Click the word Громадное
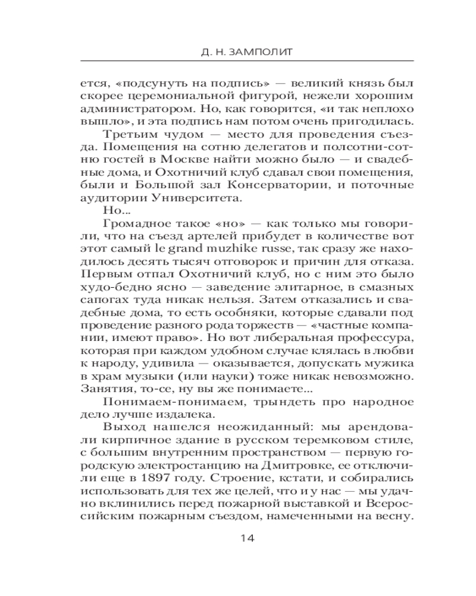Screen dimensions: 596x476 coord(134,224)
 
